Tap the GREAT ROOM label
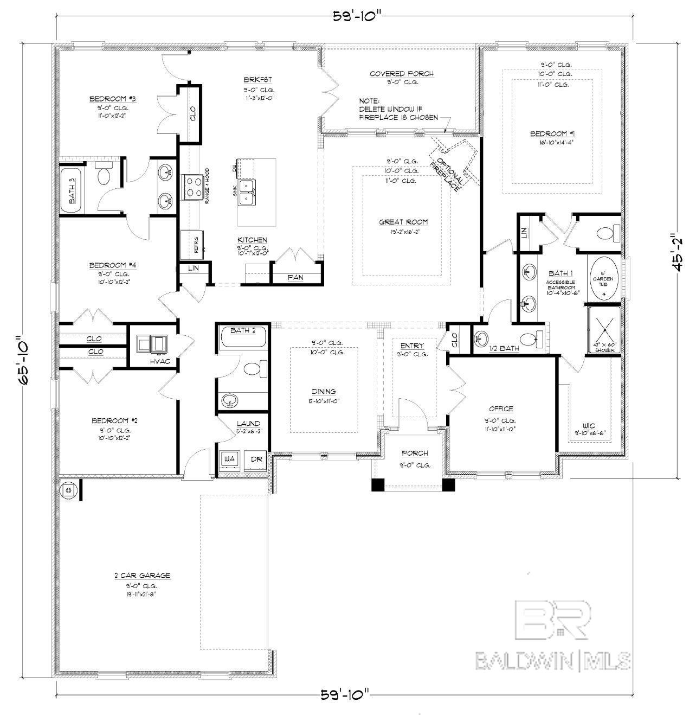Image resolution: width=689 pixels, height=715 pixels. [403, 221]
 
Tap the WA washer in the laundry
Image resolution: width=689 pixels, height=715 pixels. [229, 459]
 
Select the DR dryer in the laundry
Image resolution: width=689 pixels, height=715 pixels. [256, 459]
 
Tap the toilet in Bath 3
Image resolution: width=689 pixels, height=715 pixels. [103, 175]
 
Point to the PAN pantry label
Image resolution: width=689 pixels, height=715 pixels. [295, 277]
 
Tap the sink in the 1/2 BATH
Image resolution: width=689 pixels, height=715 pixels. [480, 340]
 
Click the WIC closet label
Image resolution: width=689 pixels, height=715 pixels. [589, 425]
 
